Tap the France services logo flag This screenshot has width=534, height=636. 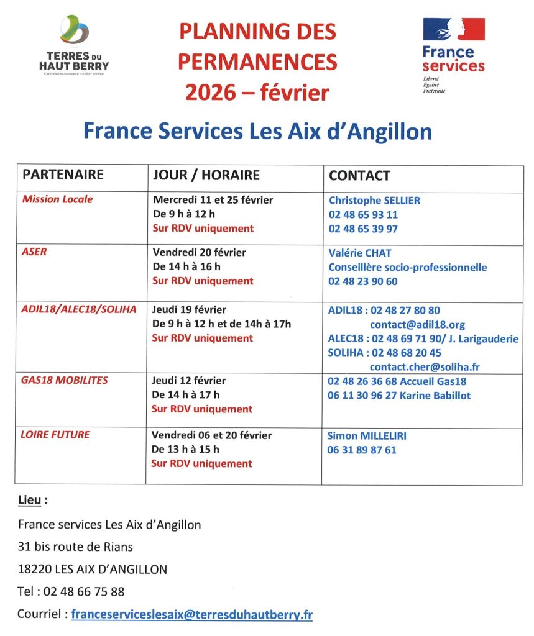tap(453, 29)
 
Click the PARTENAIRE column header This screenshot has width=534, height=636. tap(63, 175)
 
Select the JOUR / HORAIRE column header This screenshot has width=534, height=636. tap(206, 175)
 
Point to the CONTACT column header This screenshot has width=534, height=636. tap(359, 175)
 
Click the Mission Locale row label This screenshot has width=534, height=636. tap(57, 199)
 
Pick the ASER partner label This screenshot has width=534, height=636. tap(34, 252)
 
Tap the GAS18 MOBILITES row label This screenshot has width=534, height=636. tap(65, 380)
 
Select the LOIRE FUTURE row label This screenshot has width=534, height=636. tap(55, 435)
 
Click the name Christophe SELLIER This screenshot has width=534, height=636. tap(374, 201)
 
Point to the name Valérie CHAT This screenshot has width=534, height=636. tap(360, 253)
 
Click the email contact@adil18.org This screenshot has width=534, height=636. tap(417, 325)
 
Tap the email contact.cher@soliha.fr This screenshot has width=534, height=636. tap(425, 367)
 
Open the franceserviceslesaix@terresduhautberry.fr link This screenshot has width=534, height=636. tap(191, 615)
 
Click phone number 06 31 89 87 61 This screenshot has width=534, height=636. tap(361, 450)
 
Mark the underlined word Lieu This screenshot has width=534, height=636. tap(32, 499)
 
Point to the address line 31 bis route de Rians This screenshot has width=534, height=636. tap(75, 547)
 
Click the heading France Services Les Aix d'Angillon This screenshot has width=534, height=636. tap(257, 131)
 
